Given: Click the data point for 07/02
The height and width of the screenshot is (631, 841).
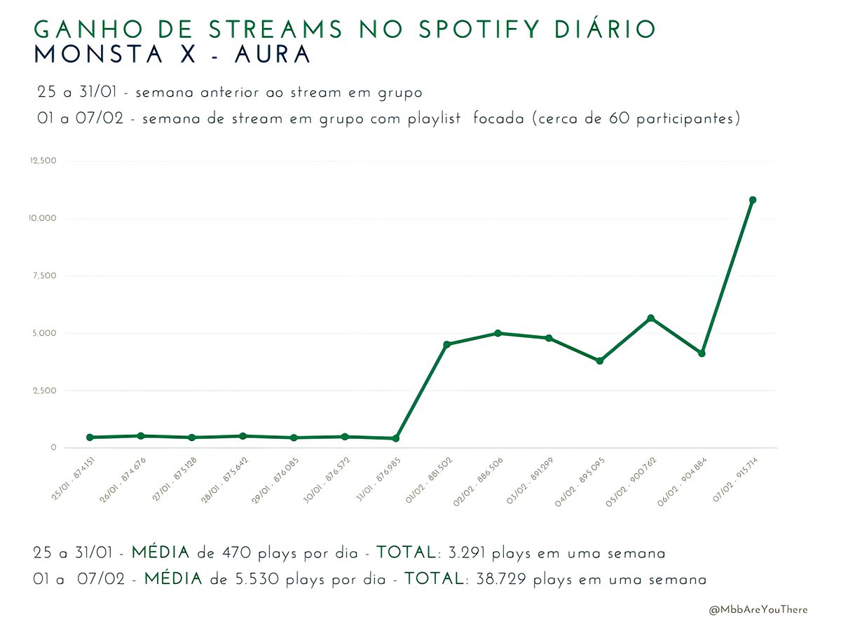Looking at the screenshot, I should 753,200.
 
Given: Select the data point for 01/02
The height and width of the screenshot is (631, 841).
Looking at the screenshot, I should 447,344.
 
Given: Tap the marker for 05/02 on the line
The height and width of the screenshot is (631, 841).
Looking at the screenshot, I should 651,318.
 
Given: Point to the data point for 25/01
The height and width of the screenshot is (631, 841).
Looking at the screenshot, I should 90,437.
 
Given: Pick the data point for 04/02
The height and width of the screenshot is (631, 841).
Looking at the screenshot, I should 600,360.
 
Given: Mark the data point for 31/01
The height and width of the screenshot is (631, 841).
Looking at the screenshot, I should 396,438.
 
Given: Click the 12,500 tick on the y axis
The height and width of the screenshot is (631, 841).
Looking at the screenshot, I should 43,161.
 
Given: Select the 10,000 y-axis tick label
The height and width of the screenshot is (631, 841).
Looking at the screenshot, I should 43,219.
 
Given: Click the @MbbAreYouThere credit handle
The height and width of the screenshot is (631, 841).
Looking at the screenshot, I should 758,609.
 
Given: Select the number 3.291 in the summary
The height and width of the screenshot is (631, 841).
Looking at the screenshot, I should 464,553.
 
